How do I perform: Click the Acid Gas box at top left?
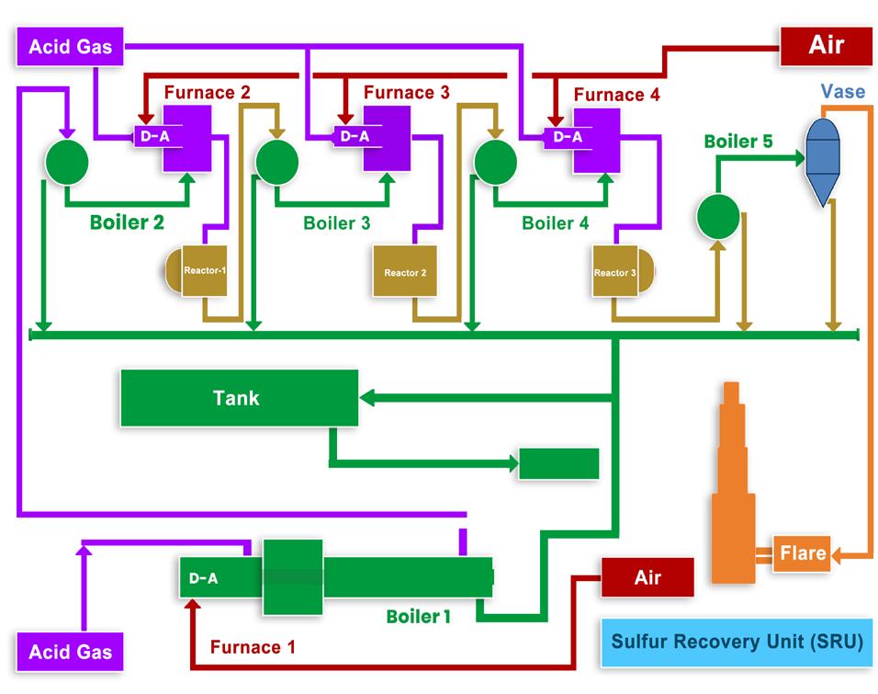point(71,46)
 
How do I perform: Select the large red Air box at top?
point(826,45)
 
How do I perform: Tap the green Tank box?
point(239,398)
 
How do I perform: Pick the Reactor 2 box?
point(404,272)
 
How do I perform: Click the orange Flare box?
point(802,553)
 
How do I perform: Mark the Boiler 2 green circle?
point(67,162)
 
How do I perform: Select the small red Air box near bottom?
point(647,578)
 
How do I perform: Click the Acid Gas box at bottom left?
point(71,652)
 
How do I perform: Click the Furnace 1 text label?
point(253,647)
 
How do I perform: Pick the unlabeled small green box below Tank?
point(558,463)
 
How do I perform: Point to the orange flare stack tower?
point(733,487)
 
